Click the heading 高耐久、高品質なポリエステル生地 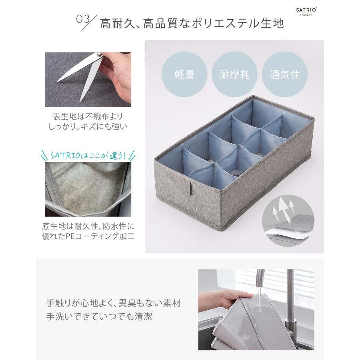pyautogui.click(x=192, y=23)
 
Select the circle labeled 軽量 pyautogui.click(x=184, y=74)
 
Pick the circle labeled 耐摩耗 pyautogui.click(x=234, y=74)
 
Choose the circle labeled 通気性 pyautogui.click(x=284, y=74)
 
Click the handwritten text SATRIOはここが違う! pyautogui.click(x=89, y=155)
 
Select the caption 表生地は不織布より pyautogui.click(x=88, y=116)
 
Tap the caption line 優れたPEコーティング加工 pyautogui.click(x=88, y=236)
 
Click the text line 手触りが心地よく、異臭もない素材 pyautogui.click(x=114, y=302)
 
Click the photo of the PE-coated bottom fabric pyautogui.click(x=89, y=188)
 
